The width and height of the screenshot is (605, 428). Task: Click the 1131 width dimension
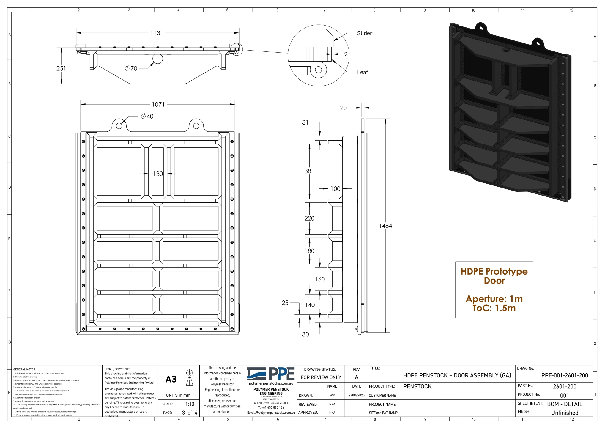pos(157,33)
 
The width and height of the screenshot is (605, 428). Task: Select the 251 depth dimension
pos(61,68)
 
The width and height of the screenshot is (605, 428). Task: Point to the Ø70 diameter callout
pos(131,68)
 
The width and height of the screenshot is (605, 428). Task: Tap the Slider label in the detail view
pos(364,33)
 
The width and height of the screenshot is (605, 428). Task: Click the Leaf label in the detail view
pos(362,72)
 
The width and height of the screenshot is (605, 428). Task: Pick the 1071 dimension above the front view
pos(158,104)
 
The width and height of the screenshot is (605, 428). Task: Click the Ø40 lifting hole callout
pos(147,117)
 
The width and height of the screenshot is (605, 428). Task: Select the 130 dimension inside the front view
pos(158,174)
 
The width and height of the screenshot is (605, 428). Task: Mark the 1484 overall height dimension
pos(385,226)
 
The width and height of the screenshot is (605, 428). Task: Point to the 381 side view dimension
pos(309,171)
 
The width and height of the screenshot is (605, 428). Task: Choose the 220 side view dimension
pos(309,218)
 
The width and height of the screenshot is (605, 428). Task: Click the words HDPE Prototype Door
pos(494,276)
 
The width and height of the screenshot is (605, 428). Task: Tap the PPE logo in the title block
pos(271,374)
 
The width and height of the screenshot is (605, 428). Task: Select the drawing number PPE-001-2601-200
pos(564,375)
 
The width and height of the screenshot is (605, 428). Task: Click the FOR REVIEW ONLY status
pos(321,377)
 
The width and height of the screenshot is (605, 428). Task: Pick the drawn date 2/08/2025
pos(356,395)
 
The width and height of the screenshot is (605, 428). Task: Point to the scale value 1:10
pos(190,404)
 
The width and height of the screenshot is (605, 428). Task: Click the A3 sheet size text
pos(171,379)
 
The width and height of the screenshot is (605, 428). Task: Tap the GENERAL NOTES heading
pos(24,369)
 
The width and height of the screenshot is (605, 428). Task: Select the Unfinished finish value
pos(564,413)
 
